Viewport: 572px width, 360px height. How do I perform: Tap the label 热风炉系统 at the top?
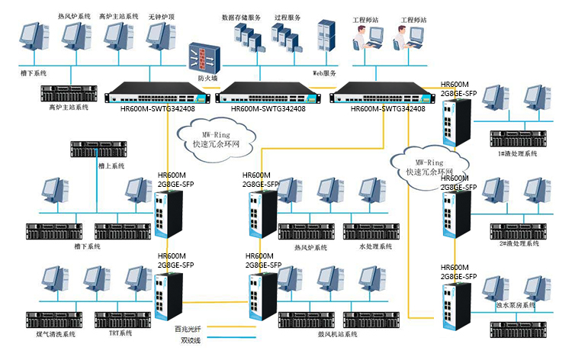[x=73, y=15]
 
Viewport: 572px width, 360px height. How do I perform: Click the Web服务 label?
[x=325, y=73]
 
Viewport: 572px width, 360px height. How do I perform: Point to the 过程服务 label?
[x=286, y=16]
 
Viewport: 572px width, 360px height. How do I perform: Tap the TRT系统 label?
[x=120, y=333]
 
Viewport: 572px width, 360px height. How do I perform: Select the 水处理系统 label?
[x=375, y=247]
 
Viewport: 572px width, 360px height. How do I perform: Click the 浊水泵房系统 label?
[x=516, y=305]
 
